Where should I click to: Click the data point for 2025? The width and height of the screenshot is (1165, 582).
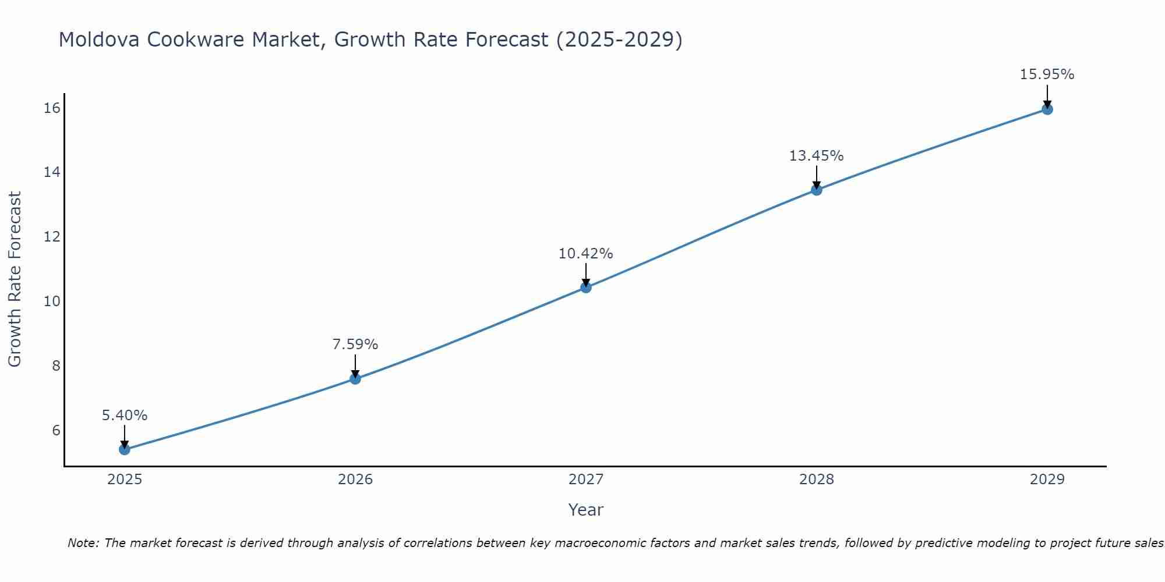(124, 449)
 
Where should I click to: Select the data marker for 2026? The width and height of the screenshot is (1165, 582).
(355, 379)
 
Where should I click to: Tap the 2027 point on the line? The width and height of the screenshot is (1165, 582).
(586, 288)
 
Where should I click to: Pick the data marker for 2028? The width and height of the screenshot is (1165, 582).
(817, 190)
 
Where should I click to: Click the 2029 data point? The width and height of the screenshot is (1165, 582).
(1047, 109)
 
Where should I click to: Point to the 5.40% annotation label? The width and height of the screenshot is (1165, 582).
(125, 416)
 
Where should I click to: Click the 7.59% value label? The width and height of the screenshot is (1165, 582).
(355, 345)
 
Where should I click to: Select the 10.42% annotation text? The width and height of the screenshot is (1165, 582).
(586, 254)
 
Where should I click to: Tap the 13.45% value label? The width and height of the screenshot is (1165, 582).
(817, 156)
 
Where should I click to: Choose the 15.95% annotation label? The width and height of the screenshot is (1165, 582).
(1047, 74)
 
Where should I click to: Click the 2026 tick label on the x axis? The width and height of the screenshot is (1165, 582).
(355, 480)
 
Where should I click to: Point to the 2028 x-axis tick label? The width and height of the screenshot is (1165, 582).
(817, 480)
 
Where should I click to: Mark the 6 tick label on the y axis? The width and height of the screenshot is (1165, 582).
(56, 430)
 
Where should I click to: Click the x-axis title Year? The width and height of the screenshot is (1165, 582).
(586, 510)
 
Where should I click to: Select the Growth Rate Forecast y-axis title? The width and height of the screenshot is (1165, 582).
(15, 279)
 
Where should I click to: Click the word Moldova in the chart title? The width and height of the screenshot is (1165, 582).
(98, 40)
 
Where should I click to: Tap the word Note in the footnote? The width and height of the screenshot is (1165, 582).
(83, 543)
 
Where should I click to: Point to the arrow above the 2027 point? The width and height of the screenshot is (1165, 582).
(586, 274)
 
